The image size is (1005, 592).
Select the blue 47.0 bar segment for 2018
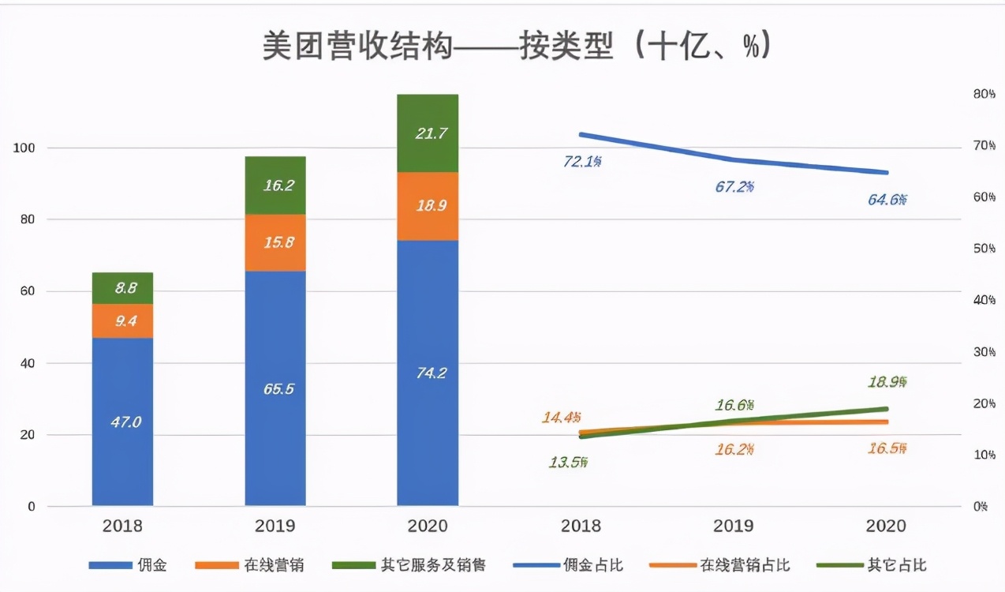tap(122, 422)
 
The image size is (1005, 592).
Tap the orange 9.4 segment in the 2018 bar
tap(122, 320)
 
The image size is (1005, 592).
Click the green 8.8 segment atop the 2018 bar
tap(122, 288)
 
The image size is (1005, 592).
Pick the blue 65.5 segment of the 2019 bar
tap(275, 388)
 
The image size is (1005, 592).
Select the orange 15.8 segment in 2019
tap(275, 242)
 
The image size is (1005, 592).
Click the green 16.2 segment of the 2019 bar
tap(275, 185)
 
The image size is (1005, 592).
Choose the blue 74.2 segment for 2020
tap(428, 373)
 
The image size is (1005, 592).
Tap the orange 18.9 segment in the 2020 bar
tap(428, 206)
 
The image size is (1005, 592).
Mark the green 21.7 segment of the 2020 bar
tap(428, 133)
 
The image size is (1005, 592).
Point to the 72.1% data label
tap(583, 162)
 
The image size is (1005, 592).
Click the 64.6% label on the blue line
tap(887, 200)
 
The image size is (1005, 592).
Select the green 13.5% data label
tap(568, 463)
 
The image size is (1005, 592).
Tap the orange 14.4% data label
tap(562, 417)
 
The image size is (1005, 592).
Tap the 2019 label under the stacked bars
tap(275, 526)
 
